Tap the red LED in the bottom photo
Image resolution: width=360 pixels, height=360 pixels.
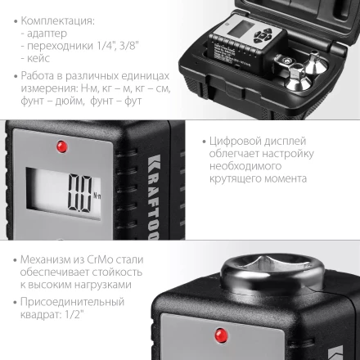click(x=221, y=335)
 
